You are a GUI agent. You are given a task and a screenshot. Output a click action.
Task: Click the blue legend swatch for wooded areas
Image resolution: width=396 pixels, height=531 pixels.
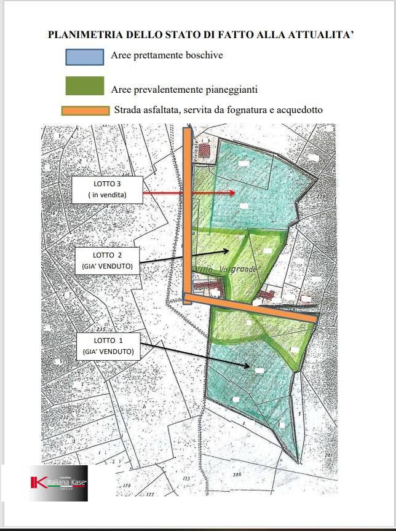pos(85,57)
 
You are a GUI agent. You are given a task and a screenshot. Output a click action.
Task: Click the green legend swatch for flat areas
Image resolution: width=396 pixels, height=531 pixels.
pos(85,86)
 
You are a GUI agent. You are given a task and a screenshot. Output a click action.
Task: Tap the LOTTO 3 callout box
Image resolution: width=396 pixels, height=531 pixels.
pos(108,190)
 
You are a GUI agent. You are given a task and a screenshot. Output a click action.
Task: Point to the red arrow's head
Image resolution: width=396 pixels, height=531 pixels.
pos(232,193)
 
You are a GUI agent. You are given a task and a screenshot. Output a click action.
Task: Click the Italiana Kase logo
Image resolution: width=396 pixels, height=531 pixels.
pos(59,484)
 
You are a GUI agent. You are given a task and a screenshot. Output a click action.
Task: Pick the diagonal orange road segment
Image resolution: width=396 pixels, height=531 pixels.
pos(252,307)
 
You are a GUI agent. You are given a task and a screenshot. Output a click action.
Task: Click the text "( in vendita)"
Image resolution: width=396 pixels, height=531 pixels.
pos(108,195)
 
